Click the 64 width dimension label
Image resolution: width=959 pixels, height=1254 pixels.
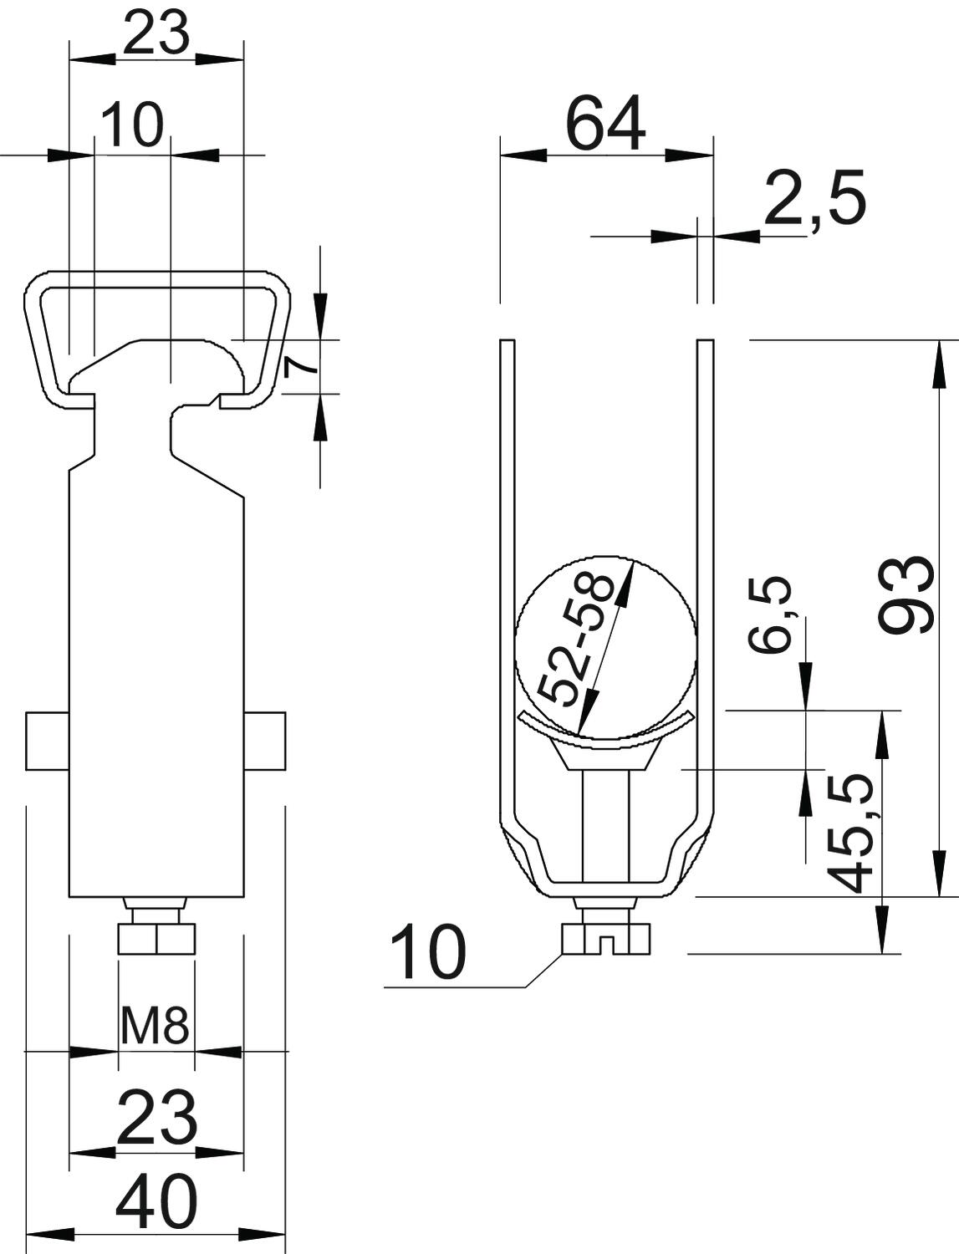605,125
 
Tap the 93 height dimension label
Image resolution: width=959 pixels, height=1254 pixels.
905,597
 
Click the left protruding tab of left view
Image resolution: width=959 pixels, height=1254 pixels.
48,741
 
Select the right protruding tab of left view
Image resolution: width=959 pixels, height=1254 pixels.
264,741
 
